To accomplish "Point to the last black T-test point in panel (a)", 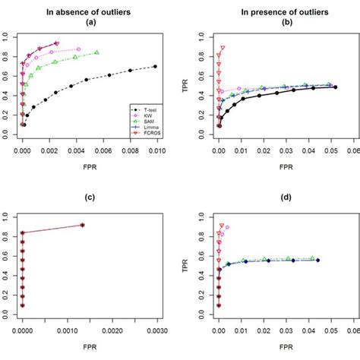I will [x=156, y=67].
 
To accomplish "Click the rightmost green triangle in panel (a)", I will [x=97, y=52].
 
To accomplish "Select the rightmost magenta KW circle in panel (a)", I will [x=78, y=49].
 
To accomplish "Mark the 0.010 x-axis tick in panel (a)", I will [x=156, y=152].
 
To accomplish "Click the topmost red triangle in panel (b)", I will [x=223, y=48].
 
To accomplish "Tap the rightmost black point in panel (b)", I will [x=336, y=87].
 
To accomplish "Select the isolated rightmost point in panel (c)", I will [x=82, y=225].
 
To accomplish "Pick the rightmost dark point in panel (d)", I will [x=317, y=260].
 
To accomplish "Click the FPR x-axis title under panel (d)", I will [x=285, y=350].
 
